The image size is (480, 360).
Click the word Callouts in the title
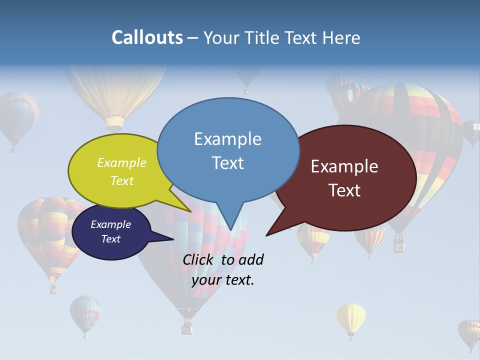tap(147, 37)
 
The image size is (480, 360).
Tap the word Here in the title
tap(342, 38)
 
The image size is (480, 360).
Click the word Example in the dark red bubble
tap(344, 166)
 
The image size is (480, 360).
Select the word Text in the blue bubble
tap(228, 163)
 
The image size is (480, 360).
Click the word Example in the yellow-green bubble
tap(122, 162)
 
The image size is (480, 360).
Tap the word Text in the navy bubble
tap(111, 239)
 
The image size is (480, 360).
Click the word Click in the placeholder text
tap(199, 259)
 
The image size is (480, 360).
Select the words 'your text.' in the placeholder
tap(223, 280)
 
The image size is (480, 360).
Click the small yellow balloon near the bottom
tap(351, 318)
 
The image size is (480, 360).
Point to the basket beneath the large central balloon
tap(187, 327)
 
